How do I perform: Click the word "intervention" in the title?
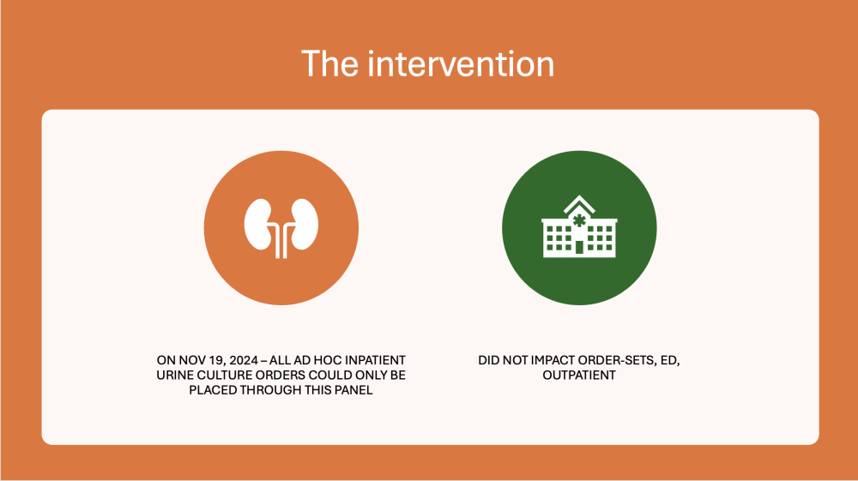click(461, 64)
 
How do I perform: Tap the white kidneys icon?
click(281, 228)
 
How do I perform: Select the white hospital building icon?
click(579, 226)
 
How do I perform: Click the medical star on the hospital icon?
click(579, 221)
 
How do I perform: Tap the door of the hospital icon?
click(579, 247)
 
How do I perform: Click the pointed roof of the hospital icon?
click(579, 204)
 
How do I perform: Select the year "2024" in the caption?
click(244, 361)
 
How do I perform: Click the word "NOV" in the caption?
click(190, 361)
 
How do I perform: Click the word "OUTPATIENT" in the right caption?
click(579, 376)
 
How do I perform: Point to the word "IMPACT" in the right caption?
click(553, 361)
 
